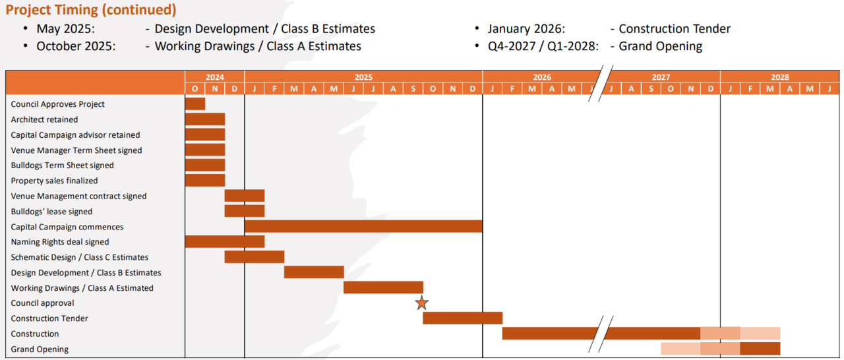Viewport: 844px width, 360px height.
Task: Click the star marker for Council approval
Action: (x=422, y=303)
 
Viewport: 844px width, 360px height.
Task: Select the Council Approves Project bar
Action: (x=195, y=104)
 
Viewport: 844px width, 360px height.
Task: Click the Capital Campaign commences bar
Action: (x=363, y=227)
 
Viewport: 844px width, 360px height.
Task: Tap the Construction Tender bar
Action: (x=462, y=318)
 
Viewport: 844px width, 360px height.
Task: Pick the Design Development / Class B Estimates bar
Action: (x=314, y=272)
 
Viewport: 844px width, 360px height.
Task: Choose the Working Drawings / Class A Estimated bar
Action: (x=383, y=287)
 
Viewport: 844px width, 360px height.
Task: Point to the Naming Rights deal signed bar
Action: (x=225, y=242)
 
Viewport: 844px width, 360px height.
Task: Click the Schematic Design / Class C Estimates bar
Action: (x=255, y=257)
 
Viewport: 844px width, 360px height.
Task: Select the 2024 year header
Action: (x=214, y=77)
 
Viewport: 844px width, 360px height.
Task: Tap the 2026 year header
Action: (x=542, y=77)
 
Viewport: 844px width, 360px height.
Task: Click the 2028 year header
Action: (x=780, y=77)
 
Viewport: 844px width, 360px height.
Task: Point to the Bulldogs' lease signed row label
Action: (x=51, y=212)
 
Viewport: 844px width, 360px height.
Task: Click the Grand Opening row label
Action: (x=40, y=349)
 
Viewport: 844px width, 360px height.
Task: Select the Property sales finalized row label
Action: (x=54, y=181)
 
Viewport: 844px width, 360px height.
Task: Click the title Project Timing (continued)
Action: (x=91, y=10)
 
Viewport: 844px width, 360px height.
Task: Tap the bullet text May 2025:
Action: (x=65, y=29)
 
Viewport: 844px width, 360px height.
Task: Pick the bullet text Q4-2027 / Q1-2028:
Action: (x=543, y=46)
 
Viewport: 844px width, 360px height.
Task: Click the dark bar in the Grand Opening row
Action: (x=760, y=349)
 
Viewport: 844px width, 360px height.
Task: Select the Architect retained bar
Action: (x=205, y=119)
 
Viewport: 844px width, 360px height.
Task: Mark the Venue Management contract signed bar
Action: (x=245, y=196)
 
